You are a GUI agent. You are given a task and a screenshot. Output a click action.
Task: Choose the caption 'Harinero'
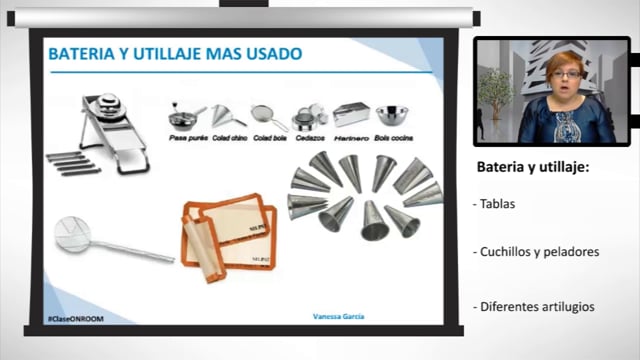351,137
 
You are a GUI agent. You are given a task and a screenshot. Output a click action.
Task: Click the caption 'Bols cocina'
393,137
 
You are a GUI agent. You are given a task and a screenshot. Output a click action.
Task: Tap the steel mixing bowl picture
392,116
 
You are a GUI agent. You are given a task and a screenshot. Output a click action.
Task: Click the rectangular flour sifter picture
351,115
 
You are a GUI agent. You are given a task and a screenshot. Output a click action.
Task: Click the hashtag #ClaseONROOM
76,318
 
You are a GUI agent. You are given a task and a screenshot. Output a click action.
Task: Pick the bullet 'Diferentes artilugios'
535,306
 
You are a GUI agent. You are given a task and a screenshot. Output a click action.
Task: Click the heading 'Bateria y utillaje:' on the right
532,166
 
